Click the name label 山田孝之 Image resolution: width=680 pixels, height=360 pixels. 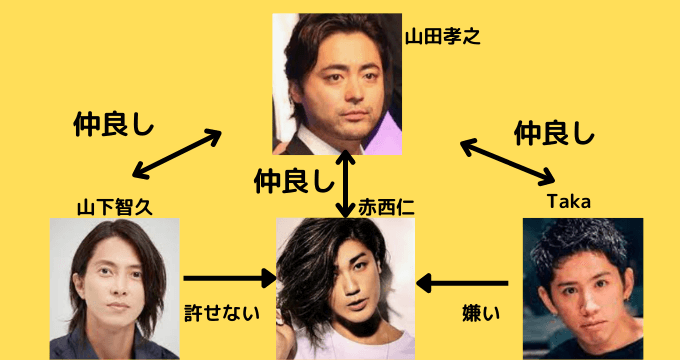click(x=443, y=39)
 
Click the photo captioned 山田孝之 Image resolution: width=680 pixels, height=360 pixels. click(x=336, y=82)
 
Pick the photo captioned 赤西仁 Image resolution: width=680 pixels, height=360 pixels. click(x=346, y=289)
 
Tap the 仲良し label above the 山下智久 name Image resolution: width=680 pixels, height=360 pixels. click(x=113, y=125)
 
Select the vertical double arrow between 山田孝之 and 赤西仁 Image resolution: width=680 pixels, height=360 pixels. click(x=345, y=185)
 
